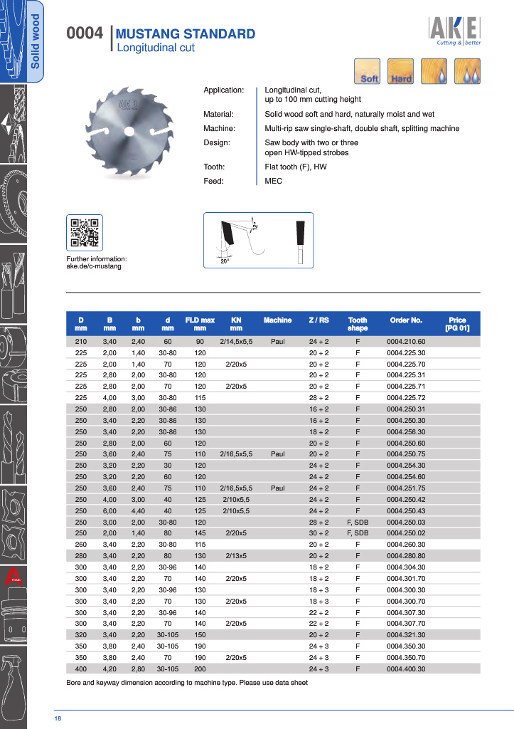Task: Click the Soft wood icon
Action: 368,71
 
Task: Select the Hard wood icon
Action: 401,71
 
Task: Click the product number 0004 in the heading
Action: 85,33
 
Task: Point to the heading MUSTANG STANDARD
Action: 185,34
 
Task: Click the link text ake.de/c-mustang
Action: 94,266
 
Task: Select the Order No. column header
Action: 406,320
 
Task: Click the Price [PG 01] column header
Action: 457,325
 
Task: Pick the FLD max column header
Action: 200,325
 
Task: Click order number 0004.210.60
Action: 406,341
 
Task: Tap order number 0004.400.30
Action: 406,668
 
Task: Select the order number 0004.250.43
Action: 406,510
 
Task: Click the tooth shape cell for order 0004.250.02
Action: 358,533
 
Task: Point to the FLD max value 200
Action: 200,668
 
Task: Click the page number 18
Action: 58,719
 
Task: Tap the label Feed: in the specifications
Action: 214,182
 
